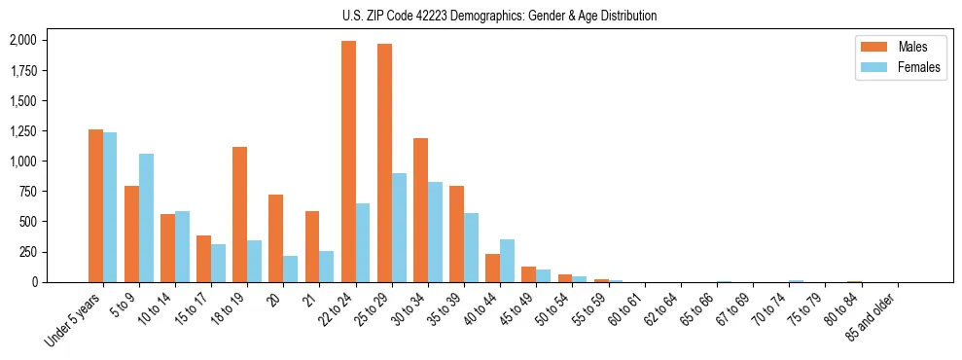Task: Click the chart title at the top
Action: pyautogui.click(x=499, y=16)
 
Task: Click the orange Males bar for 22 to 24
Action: pyautogui.click(x=348, y=162)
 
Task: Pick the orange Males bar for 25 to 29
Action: pyautogui.click(x=384, y=162)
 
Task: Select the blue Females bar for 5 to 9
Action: pyautogui.click(x=146, y=218)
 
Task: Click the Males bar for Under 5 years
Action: pyautogui.click(x=95, y=205)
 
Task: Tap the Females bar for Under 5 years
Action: pyautogui.click(x=110, y=207)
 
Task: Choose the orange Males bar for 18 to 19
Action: pyautogui.click(x=239, y=214)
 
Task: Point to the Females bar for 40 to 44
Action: pyautogui.click(x=507, y=261)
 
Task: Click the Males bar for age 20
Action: pyautogui.click(x=275, y=238)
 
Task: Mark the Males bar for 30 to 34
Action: pyautogui.click(x=420, y=210)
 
